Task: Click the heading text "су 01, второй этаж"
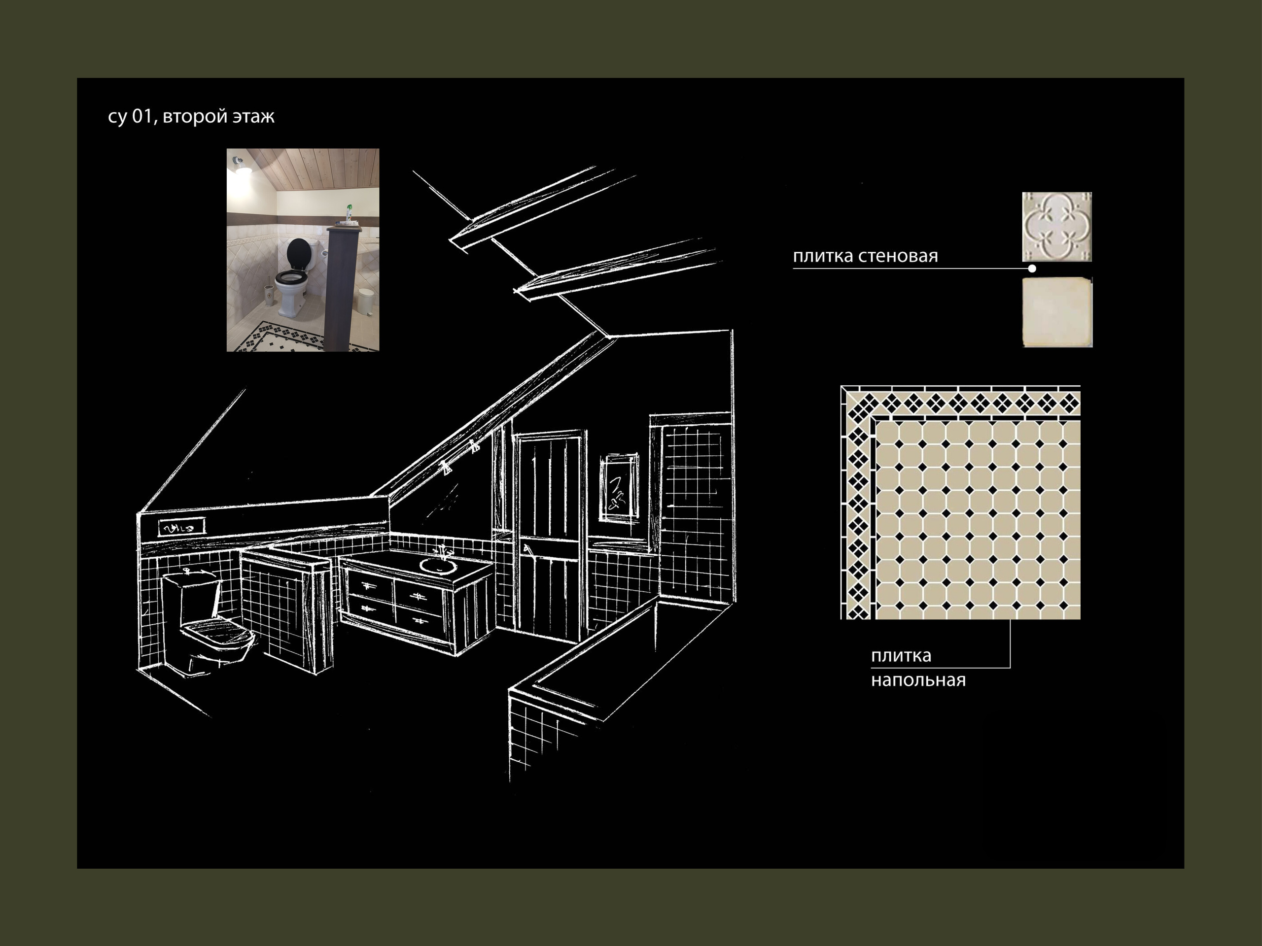(x=191, y=116)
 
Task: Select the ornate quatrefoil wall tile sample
(x=1056, y=227)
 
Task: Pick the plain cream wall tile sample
(x=1057, y=312)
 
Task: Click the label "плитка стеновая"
(x=865, y=256)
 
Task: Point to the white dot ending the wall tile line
(x=1032, y=269)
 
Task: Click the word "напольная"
(x=918, y=680)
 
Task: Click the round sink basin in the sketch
(x=438, y=566)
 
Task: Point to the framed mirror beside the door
(x=619, y=488)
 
